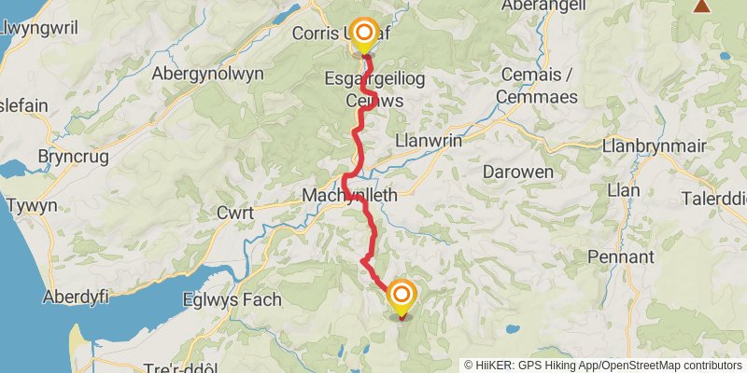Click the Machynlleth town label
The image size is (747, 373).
point(350,196)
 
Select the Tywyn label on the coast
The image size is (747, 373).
point(32,205)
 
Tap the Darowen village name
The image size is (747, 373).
point(518,172)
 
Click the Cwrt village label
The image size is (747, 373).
point(234,214)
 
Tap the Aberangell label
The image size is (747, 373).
point(543,6)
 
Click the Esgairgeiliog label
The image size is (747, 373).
point(373,79)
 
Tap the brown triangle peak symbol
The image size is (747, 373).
point(701,6)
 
